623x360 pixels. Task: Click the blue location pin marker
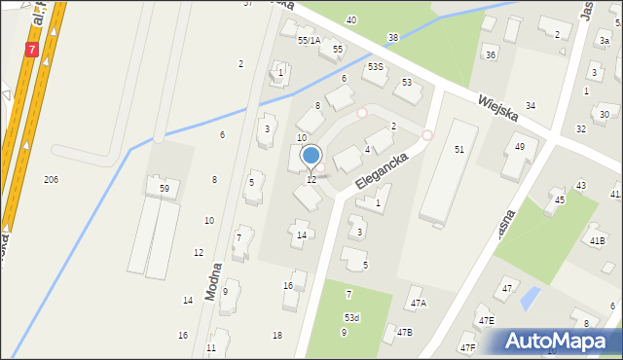click(311, 156)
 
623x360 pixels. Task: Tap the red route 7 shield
click(33, 49)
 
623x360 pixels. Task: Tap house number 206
click(51, 180)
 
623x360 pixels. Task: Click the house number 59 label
click(165, 188)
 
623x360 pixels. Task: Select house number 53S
click(375, 67)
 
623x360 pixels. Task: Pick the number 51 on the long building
click(458, 149)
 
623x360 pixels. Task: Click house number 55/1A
click(309, 40)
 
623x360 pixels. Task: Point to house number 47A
click(418, 304)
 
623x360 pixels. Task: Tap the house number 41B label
click(597, 240)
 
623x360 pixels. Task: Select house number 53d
click(351, 318)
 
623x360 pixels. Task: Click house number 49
click(520, 146)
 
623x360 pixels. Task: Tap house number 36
click(491, 55)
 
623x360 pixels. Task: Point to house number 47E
click(485, 321)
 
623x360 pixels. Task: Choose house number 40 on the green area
click(350, 19)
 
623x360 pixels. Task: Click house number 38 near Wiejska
click(392, 38)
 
